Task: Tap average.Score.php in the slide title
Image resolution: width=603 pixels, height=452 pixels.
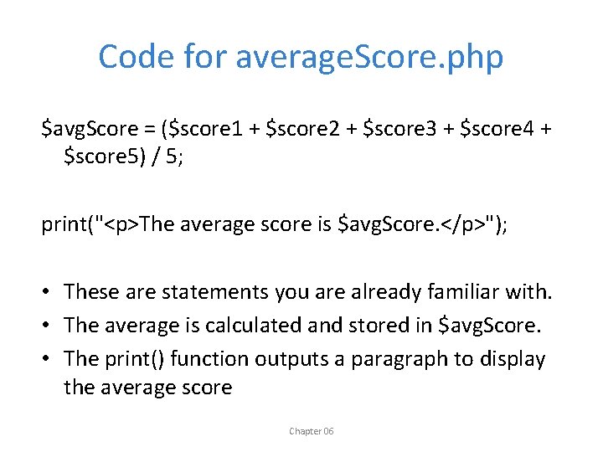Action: point(369,58)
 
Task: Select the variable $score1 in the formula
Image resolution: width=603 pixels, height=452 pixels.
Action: point(206,129)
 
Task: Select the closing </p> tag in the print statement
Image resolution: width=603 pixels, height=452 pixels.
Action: point(453,224)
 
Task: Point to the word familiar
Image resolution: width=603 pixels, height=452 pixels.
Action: point(464,292)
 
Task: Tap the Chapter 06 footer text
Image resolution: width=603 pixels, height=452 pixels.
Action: point(311,431)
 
